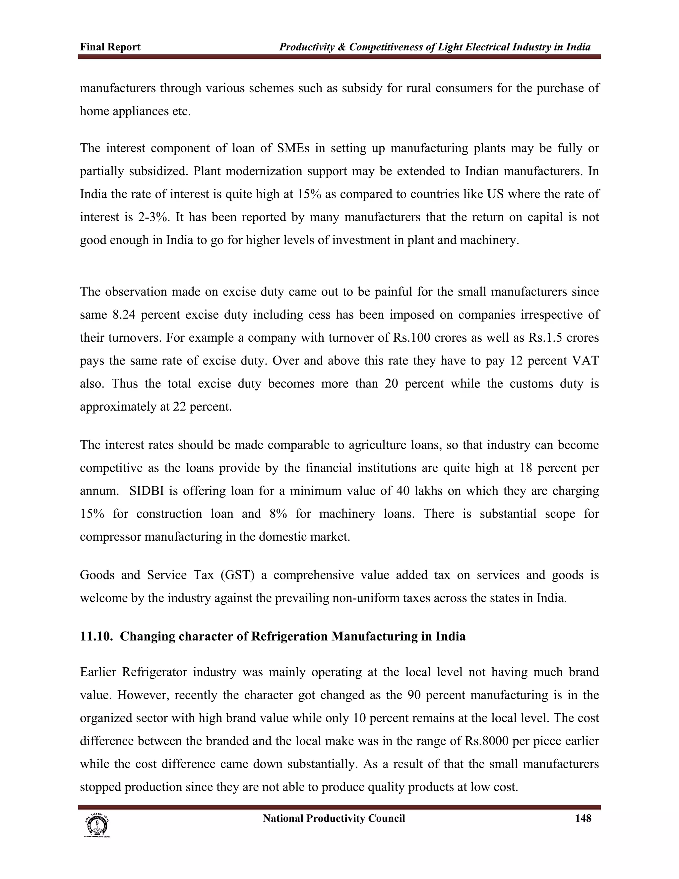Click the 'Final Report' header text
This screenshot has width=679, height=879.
point(110,47)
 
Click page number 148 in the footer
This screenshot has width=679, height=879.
point(583,818)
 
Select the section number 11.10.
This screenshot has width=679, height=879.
point(96,636)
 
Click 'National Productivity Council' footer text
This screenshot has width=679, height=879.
point(334,818)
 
